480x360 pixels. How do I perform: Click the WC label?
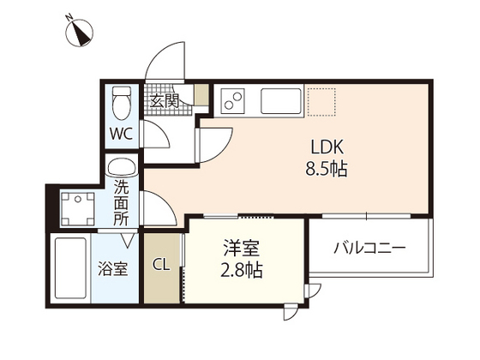pos(121,134)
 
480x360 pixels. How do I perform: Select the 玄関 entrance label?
pos(165,101)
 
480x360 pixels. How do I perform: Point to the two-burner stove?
pos(233,102)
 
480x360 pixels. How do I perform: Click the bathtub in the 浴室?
pos(69,267)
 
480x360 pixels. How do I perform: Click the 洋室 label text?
pos(243,249)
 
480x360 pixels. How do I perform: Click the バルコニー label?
pos(369,249)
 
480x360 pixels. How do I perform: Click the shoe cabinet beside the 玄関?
pos(201,95)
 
